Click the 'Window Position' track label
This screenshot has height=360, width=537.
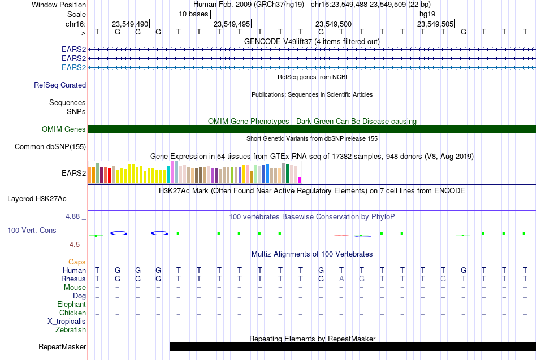tap(59, 5)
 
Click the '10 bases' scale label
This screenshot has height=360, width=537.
tap(193, 14)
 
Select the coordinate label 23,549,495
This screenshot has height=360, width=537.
tap(232, 24)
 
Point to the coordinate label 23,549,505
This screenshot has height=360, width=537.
tap(435, 24)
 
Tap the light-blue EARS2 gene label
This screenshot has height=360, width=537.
tap(73, 67)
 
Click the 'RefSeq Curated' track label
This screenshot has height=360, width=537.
tap(60, 85)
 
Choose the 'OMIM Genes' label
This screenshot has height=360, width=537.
tap(64, 129)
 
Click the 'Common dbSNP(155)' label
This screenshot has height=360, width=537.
tap(50, 146)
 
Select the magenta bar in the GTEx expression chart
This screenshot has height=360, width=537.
tap(300, 180)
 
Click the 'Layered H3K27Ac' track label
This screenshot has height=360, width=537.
tap(37, 199)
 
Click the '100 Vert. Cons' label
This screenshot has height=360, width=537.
tap(32, 230)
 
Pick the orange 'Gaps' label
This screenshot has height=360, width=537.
tap(77, 262)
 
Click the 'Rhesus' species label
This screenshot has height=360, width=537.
tap(73, 279)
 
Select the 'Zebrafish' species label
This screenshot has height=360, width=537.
tap(71, 330)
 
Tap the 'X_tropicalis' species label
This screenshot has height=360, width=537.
tap(67, 322)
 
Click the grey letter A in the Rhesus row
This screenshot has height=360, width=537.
tap(341, 279)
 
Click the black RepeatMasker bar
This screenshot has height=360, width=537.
tap(353, 346)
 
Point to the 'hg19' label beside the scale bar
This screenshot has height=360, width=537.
tap(427, 14)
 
